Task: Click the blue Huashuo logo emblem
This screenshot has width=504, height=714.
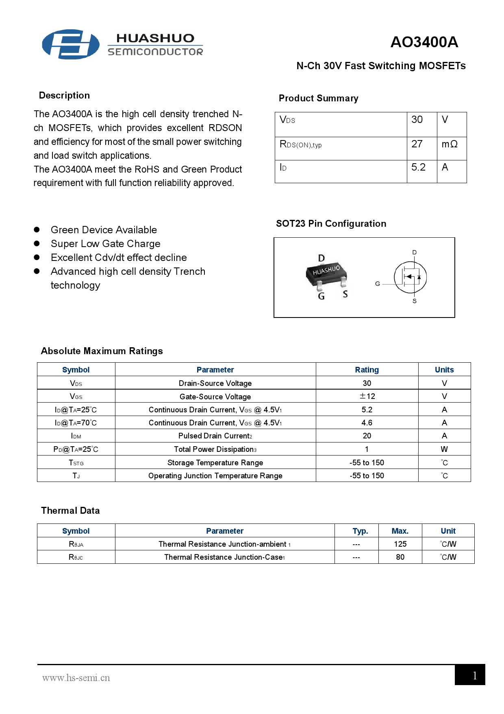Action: [71, 44]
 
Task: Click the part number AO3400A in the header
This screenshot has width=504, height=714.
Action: [424, 42]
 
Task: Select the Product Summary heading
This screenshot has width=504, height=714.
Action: [318, 99]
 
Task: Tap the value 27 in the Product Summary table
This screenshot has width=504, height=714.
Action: [417, 144]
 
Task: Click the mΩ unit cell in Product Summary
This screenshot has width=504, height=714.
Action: [450, 144]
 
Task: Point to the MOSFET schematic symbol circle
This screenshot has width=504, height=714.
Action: [411, 278]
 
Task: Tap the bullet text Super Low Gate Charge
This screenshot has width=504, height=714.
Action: [105, 244]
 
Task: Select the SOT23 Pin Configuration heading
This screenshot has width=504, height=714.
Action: [331, 223]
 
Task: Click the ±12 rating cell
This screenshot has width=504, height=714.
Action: [367, 396]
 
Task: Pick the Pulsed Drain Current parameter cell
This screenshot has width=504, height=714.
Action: [215, 436]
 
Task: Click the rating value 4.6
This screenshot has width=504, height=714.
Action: [367, 423]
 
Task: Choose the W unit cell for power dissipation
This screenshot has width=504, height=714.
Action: [444, 449]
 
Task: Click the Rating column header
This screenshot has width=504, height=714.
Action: [367, 370]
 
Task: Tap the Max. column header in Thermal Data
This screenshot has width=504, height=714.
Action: [400, 531]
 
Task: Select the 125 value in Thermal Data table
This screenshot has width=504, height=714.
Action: [400, 544]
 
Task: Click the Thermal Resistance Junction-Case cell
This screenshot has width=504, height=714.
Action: [224, 557]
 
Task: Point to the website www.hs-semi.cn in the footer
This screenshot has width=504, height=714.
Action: [76, 678]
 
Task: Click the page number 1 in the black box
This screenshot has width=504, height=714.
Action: [474, 676]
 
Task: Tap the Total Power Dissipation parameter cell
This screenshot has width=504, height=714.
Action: [215, 449]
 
